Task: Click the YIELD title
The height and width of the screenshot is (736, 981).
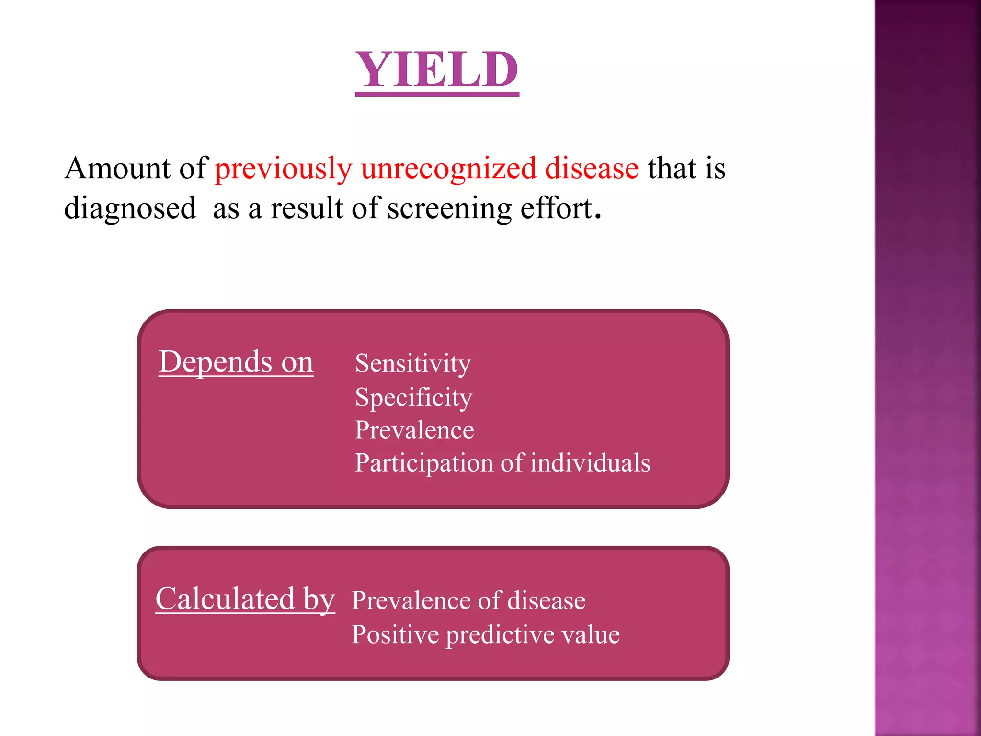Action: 436,70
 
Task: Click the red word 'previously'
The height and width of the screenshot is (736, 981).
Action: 283,169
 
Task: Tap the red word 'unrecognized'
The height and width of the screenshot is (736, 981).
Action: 448,169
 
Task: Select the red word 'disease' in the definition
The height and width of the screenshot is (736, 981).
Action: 592,169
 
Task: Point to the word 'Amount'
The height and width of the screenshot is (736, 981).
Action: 117,169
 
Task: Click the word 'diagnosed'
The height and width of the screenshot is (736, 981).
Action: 130,209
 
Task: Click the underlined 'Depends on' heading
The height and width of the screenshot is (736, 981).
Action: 236,362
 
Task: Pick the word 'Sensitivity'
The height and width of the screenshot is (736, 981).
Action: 412,364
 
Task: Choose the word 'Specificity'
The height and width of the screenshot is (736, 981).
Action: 413,397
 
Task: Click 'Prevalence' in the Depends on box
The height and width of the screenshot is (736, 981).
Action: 414,430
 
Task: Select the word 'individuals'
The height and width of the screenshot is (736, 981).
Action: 590,463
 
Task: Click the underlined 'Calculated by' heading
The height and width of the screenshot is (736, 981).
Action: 245,599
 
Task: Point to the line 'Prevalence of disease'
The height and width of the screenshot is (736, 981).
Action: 468,600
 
